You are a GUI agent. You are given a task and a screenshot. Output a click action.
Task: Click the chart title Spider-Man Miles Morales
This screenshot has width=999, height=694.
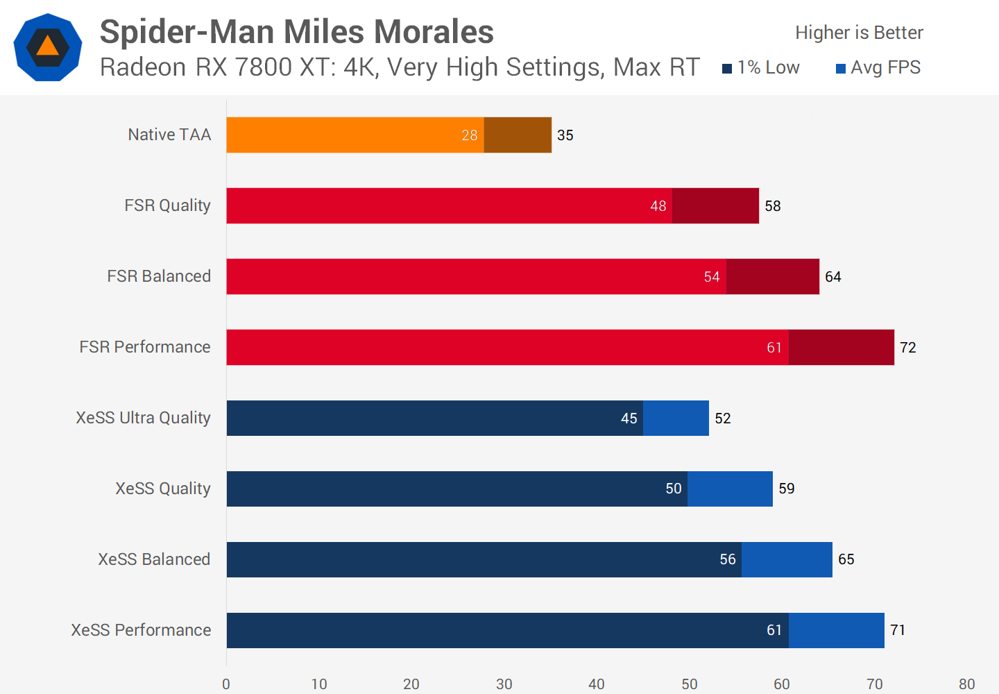click(296, 32)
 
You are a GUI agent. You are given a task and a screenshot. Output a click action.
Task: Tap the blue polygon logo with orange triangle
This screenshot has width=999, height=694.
click(48, 47)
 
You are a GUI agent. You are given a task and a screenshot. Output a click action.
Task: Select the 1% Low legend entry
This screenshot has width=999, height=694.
click(761, 67)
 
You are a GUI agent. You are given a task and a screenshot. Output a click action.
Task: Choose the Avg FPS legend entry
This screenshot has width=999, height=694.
click(878, 67)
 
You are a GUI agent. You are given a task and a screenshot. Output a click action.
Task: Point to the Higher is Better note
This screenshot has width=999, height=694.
click(859, 33)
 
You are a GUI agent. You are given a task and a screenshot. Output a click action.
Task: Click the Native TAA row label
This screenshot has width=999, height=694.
click(169, 135)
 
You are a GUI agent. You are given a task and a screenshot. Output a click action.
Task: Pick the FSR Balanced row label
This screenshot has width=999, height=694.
click(159, 276)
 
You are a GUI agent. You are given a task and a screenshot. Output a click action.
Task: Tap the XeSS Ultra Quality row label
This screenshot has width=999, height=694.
click(143, 418)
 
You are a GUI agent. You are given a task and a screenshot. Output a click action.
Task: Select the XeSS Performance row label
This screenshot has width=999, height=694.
click(141, 630)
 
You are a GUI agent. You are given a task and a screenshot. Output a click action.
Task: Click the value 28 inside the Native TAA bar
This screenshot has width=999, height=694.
click(470, 135)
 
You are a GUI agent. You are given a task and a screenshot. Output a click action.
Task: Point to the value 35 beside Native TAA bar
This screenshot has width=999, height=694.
click(565, 135)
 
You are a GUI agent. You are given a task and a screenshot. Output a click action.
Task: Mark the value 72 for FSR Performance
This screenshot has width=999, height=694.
click(908, 348)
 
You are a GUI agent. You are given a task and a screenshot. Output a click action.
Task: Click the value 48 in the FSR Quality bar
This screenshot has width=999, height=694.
click(658, 206)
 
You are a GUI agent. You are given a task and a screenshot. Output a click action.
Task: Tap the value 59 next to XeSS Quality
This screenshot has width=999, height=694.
click(787, 489)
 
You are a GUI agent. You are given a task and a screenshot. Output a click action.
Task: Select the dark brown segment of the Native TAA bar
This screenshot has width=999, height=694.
click(518, 135)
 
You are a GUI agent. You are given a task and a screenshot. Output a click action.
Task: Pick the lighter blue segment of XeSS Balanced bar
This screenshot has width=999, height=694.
click(787, 559)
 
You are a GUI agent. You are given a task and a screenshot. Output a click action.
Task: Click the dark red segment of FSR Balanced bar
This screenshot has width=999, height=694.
click(772, 276)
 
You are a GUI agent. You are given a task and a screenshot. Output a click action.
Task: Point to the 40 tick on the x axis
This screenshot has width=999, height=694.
click(597, 684)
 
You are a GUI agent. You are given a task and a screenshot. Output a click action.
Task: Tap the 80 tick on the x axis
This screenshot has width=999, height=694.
click(967, 684)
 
